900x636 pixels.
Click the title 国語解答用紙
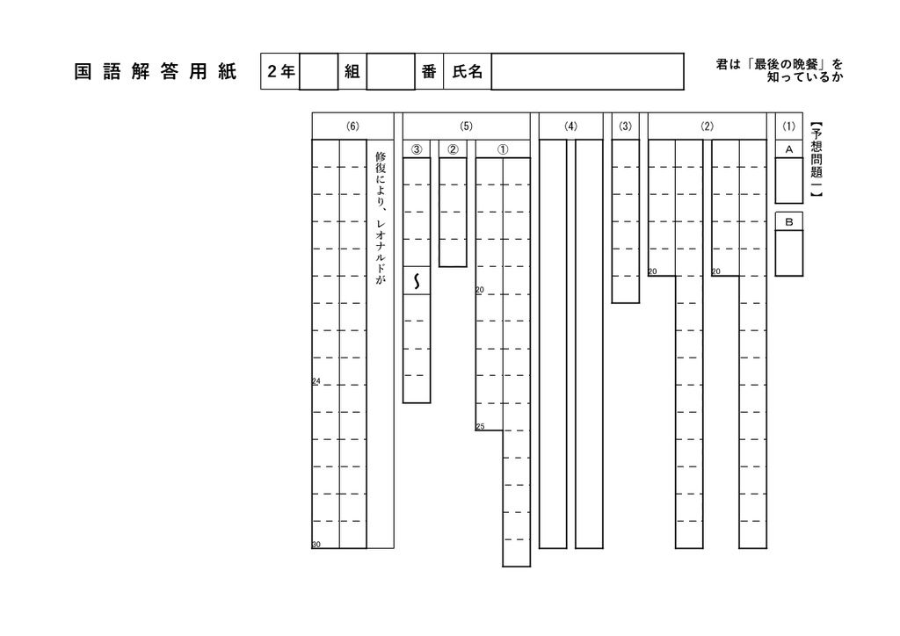(x=155, y=72)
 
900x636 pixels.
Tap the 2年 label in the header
(x=280, y=72)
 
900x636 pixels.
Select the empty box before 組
(x=318, y=72)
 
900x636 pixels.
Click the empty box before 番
(x=390, y=72)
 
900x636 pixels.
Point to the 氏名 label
(x=468, y=72)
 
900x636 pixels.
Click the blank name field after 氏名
(x=587, y=72)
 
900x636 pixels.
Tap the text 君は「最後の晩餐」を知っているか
(x=780, y=70)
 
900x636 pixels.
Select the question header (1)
(x=789, y=126)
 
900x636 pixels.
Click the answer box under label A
(x=789, y=180)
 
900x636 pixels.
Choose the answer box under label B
(x=789, y=253)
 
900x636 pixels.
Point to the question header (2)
(x=708, y=126)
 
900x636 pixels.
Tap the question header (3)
(x=626, y=126)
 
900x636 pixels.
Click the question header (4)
(x=570, y=126)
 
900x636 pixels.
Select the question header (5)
(x=466, y=126)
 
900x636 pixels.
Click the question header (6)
(x=353, y=126)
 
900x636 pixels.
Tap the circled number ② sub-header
(x=453, y=149)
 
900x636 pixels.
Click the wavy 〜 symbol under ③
(x=417, y=281)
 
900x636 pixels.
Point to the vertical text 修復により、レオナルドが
(x=380, y=218)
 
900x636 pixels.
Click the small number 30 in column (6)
(x=316, y=545)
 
